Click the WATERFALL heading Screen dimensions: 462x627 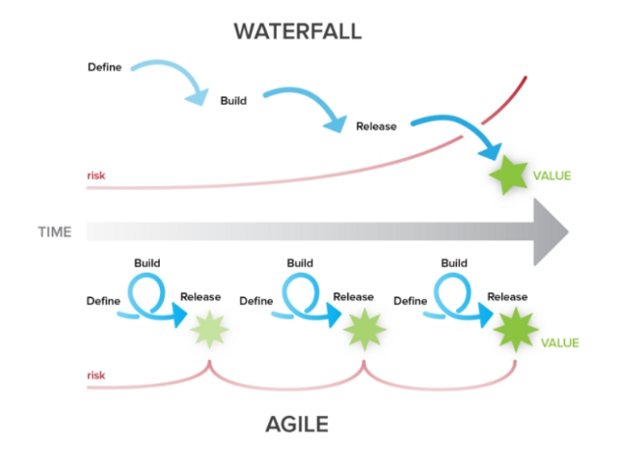[x=297, y=30]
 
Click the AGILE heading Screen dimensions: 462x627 [x=297, y=424]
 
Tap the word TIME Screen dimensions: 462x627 [x=56, y=232]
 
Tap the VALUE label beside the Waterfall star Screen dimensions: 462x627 [x=551, y=177]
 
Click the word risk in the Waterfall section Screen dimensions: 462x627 [x=96, y=178]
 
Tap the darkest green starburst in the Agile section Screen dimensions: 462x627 [x=513, y=329]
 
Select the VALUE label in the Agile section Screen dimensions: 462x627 [x=559, y=343]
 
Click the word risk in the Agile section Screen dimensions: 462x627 [x=96, y=374]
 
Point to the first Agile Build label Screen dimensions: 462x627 [x=147, y=263]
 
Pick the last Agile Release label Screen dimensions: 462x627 [x=507, y=297]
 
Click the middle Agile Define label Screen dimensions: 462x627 [x=256, y=302]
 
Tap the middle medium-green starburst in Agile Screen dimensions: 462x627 [x=361, y=329]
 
